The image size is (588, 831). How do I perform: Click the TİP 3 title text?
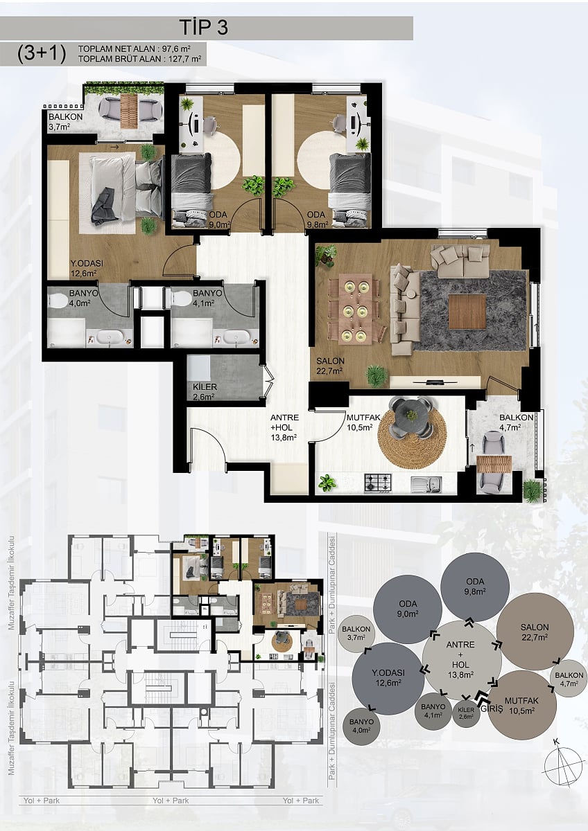[204, 28]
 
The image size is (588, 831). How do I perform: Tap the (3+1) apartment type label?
[42, 54]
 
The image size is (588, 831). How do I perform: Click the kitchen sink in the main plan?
[426, 484]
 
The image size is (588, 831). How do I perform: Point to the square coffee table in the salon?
[467, 312]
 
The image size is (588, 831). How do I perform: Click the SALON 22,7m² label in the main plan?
[330, 365]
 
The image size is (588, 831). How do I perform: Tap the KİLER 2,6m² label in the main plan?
[205, 392]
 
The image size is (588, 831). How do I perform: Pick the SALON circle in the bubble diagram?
[534, 632]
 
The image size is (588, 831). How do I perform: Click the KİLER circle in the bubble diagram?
[466, 712]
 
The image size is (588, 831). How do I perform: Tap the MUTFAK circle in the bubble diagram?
[521, 706]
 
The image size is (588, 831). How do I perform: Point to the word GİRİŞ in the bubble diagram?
[492, 709]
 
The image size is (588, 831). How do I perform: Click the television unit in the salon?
[435, 382]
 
